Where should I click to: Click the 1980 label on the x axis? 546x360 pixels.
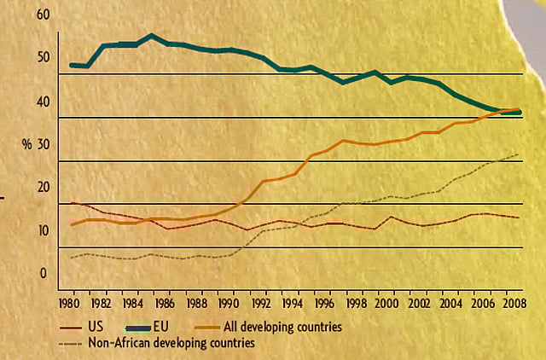click(x=70, y=303)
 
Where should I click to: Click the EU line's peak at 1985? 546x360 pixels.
click(x=151, y=36)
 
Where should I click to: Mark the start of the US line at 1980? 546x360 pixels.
click(x=71, y=202)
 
